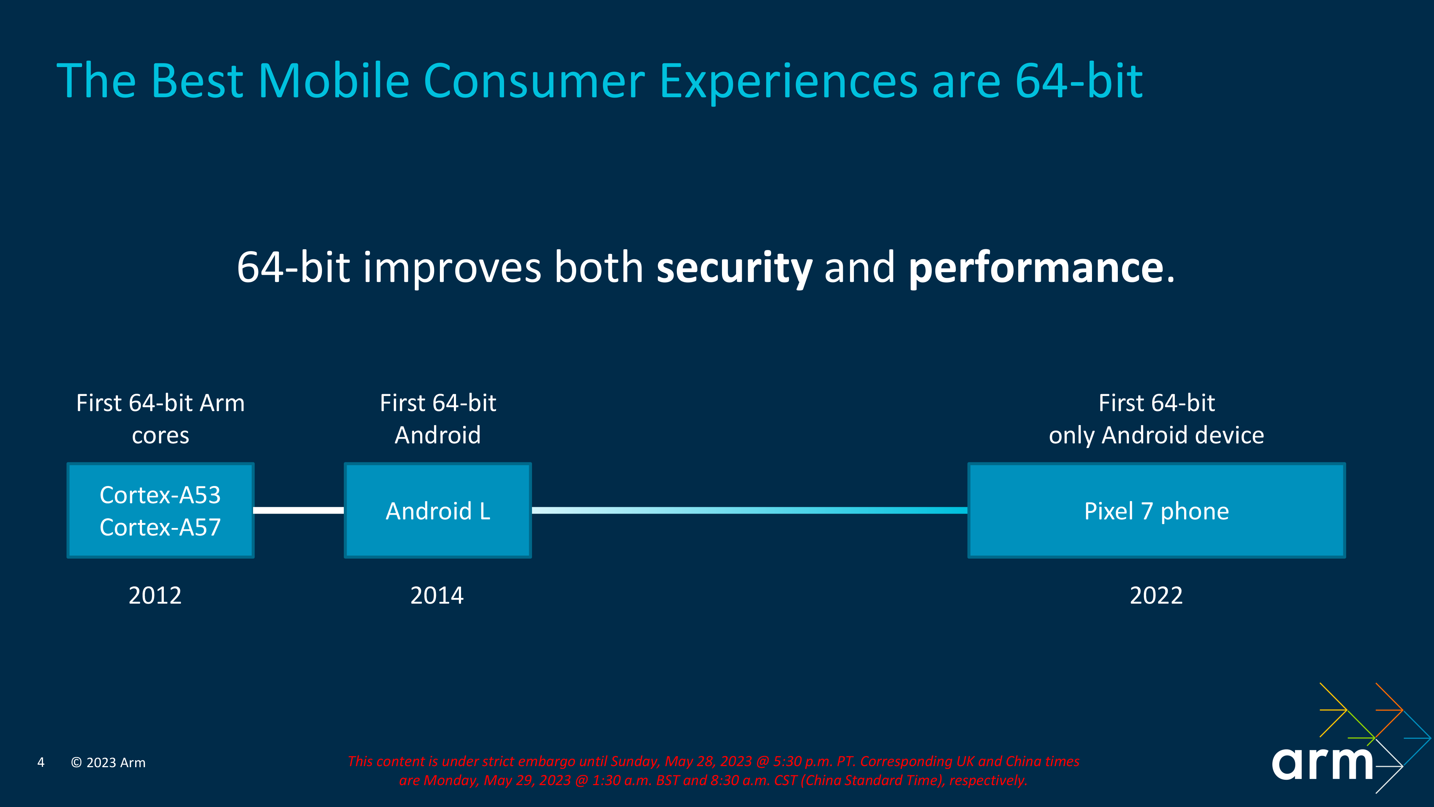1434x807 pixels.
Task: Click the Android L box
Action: [x=437, y=511]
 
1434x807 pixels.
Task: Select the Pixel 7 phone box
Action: [x=1156, y=511]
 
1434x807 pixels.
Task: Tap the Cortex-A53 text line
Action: [x=160, y=495]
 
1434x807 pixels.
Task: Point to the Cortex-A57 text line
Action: [x=160, y=527]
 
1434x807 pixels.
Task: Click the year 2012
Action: [x=155, y=595]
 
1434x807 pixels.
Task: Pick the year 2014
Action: [x=437, y=595]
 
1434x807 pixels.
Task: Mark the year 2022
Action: [x=1156, y=595]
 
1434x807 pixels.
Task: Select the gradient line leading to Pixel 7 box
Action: [x=749, y=510]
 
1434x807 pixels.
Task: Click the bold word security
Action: [x=734, y=268]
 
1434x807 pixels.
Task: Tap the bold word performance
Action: [x=1035, y=268]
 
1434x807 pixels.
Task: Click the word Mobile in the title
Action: [x=334, y=81]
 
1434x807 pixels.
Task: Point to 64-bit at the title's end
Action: [x=1079, y=81]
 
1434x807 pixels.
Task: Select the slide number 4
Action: [x=41, y=763]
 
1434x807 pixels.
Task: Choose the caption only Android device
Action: [x=1156, y=435]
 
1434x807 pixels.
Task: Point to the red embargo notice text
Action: [x=713, y=770]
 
